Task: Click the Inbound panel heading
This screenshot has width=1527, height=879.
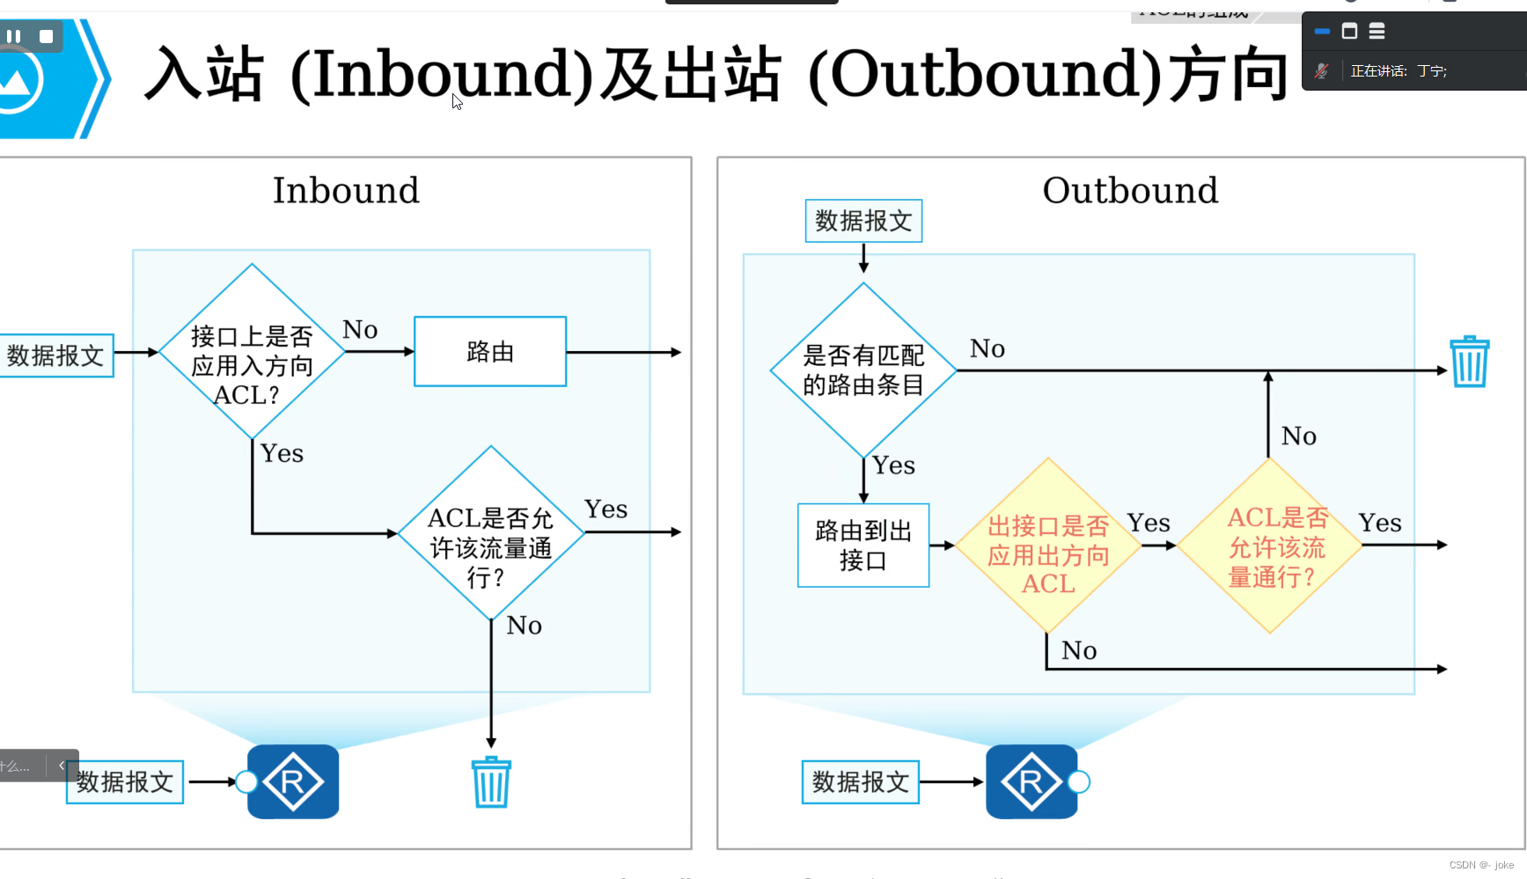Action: (346, 190)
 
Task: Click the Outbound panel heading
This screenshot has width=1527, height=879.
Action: (1130, 190)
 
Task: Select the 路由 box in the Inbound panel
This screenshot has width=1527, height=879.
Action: (490, 352)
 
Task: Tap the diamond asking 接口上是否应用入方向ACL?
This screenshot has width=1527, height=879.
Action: (252, 352)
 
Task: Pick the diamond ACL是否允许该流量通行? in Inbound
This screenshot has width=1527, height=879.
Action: (491, 533)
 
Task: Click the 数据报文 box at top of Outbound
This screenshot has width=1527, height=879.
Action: (863, 221)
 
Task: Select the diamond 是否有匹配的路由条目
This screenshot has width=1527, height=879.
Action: (863, 370)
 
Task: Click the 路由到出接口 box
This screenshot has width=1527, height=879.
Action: (863, 546)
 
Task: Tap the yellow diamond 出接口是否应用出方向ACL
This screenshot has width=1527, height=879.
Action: (1048, 546)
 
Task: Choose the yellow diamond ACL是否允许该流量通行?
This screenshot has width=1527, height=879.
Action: (1270, 546)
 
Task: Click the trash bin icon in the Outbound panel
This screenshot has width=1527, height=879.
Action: (1469, 362)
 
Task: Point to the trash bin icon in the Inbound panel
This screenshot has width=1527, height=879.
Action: (491, 782)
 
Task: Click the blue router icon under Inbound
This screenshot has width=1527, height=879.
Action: (293, 781)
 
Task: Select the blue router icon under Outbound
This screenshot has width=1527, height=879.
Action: (1031, 781)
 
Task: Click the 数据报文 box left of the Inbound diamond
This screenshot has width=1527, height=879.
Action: (56, 355)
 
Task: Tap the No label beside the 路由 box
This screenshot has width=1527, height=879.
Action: (360, 330)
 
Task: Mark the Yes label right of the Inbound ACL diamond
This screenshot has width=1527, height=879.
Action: (606, 509)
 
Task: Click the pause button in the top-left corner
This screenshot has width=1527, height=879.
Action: (14, 36)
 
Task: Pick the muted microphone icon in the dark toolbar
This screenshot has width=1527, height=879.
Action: (1321, 70)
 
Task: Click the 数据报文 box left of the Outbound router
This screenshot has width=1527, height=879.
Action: (860, 781)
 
